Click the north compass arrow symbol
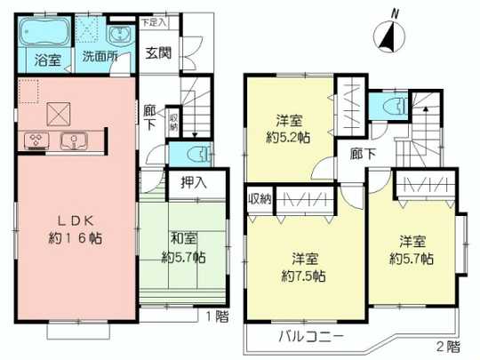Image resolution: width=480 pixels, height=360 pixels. pyautogui.click(x=387, y=36)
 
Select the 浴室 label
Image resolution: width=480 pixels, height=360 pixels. pyautogui.click(x=47, y=62)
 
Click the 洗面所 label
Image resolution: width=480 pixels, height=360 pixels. pyautogui.click(x=99, y=62)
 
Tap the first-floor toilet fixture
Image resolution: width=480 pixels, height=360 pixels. pyautogui.click(x=200, y=154)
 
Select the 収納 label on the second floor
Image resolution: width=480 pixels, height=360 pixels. pyautogui.click(x=259, y=197)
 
